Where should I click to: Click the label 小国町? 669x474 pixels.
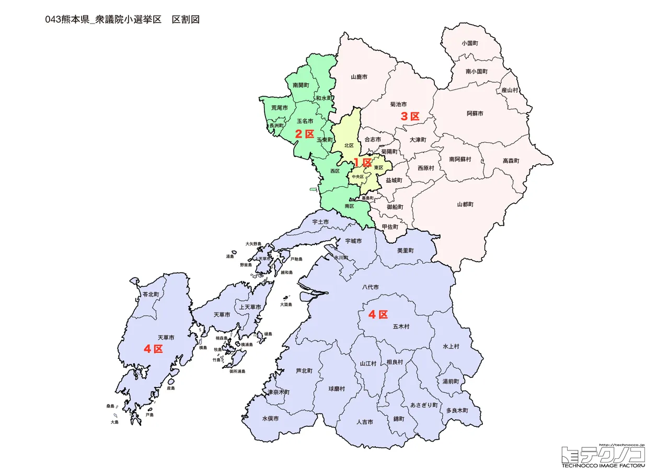(x=470, y=43)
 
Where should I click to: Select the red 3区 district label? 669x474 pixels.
(x=410, y=116)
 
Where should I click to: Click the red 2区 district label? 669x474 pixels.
(x=304, y=133)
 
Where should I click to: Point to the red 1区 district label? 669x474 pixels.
(x=362, y=162)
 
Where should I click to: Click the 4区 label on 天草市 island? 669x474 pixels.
(x=153, y=349)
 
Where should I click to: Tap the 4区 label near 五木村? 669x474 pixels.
(x=378, y=314)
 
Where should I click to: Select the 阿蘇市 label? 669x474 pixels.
(x=475, y=113)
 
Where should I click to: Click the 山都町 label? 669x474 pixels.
(x=465, y=204)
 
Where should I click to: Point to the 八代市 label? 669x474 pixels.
(x=370, y=287)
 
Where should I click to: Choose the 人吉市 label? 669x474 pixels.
(x=364, y=422)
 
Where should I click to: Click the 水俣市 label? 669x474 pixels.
(x=270, y=419)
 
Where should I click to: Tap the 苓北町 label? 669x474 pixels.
(x=151, y=295)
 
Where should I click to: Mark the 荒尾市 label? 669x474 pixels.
(x=280, y=108)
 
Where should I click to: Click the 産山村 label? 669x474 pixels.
(x=509, y=90)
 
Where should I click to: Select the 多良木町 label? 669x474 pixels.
(x=457, y=411)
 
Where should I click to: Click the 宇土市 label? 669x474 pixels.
(x=320, y=222)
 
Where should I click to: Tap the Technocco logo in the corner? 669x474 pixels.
(x=603, y=455)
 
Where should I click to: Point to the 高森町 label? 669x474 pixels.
(x=511, y=161)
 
